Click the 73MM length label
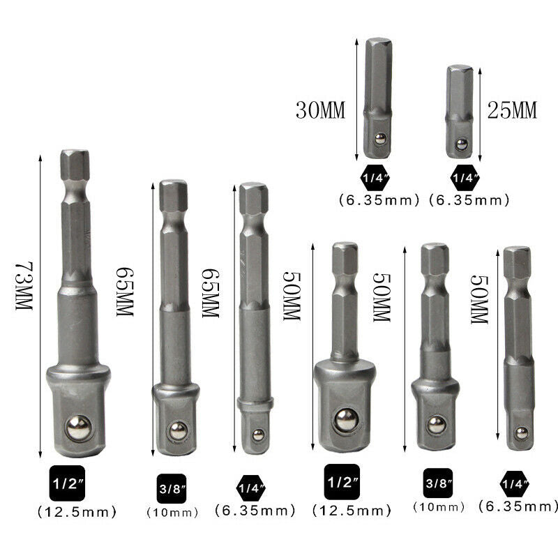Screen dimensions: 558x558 [24, 286]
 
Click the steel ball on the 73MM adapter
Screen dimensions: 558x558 [78, 428]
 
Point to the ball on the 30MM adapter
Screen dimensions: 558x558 [380, 139]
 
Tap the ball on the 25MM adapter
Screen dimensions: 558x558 [462, 144]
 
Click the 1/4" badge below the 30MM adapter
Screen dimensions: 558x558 [375, 178]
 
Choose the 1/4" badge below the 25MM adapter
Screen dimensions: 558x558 [465, 178]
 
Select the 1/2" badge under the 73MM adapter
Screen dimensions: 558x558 [67, 483]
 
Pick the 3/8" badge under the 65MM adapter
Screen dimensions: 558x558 [172, 489]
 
